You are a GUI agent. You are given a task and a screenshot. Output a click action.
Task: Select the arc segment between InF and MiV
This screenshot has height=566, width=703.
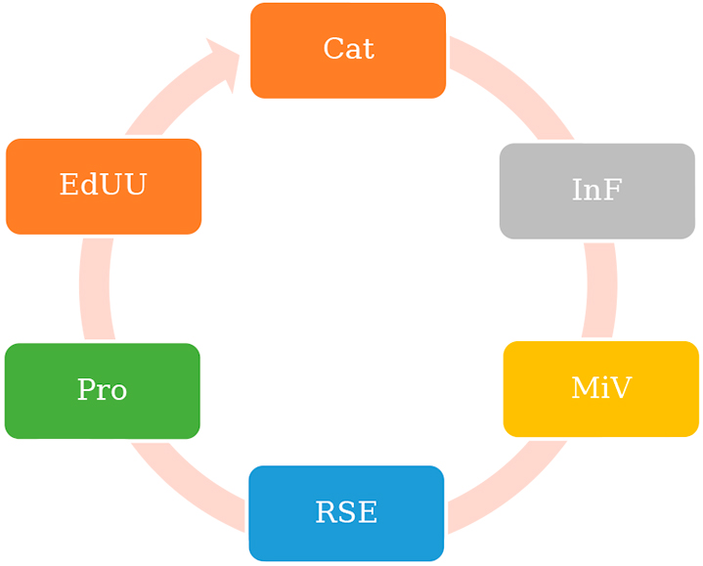click(600, 289)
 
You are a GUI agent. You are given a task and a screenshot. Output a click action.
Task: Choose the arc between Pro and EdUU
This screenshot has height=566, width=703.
click(95, 288)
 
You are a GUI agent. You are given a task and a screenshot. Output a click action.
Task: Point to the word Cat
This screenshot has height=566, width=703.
click(348, 48)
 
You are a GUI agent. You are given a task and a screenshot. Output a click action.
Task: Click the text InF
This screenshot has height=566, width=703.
click(596, 190)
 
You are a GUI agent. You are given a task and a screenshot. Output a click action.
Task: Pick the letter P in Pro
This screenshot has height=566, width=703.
click(86, 390)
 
